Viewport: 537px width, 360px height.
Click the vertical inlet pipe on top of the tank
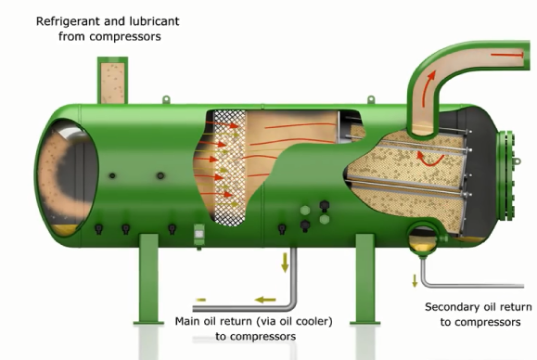(x=112, y=81)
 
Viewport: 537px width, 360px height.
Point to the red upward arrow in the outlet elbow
(x=428, y=88)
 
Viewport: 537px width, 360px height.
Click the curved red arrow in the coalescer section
(x=428, y=160)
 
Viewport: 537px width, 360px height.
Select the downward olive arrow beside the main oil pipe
(x=285, y=263)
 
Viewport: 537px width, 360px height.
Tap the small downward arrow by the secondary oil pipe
(x=415, y=281)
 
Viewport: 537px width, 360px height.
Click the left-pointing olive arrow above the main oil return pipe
(x=265, y=300)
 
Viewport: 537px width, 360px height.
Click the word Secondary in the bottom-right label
(x=452, y=307)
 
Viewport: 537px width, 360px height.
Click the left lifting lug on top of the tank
(x=166, y=99)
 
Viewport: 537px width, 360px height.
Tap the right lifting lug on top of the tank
(x=371, y=99)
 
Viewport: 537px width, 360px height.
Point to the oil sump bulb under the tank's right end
(x=423, y=239)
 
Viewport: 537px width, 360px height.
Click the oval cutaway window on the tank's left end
(x=66, y=178)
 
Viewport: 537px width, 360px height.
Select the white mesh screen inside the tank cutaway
(x=230, y=168)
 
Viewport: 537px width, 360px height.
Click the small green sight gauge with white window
(x=199, y=235)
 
